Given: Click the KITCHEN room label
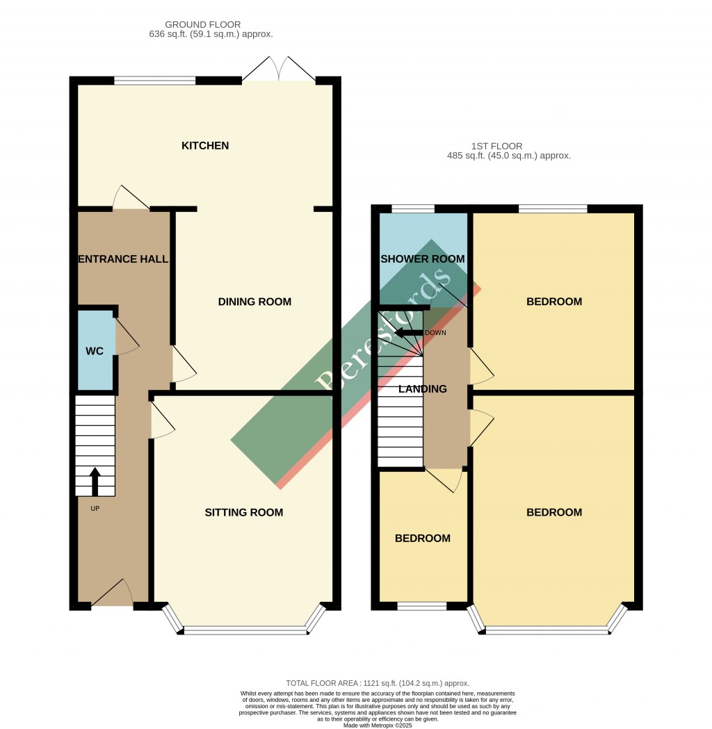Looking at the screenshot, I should pyautogui.click(x=205, y=146).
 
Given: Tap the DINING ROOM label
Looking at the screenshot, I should pyautogui.click(x=254, y=302).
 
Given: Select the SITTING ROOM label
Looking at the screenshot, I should pyautogui.click(x=244, y=513).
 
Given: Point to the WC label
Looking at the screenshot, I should pyautogui.click(x=95, y=352).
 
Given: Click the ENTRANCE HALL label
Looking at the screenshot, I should pyautogui.click(x=123, y=259).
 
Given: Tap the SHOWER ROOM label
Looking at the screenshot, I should pyautogui.click(x=423, y=259).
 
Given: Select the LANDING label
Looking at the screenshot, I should pyautogui.click(x=423, y=389).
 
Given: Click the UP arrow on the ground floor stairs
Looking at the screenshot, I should pyautogui.click(x=95, y=482).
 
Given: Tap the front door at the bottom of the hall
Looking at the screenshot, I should pyautogui.click(x=113, y=594).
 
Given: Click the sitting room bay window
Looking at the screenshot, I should pyautogui.click(x=245, y=630).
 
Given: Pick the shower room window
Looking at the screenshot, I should pyautogui.click(x=413, y=208).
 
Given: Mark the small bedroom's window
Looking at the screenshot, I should pyautogui.click(x=421, y=606).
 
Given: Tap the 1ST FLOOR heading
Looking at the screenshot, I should pyautogui.click(x=496, y=147).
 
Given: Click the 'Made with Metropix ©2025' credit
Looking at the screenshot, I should pyautogui.click(x=378, y=726).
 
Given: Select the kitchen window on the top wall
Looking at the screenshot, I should pyautogui.click(x=155, y=81).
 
